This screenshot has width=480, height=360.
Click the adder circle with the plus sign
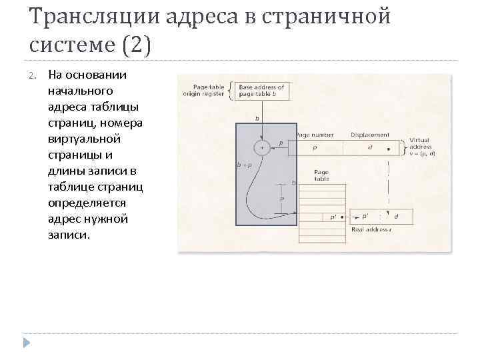click(262, 147)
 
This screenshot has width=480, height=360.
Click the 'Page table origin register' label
click(203, 91)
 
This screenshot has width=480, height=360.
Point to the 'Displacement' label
click(366, 135)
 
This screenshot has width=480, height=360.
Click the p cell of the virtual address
click(315, 147)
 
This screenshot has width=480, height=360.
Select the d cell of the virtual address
click(369, 147)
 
